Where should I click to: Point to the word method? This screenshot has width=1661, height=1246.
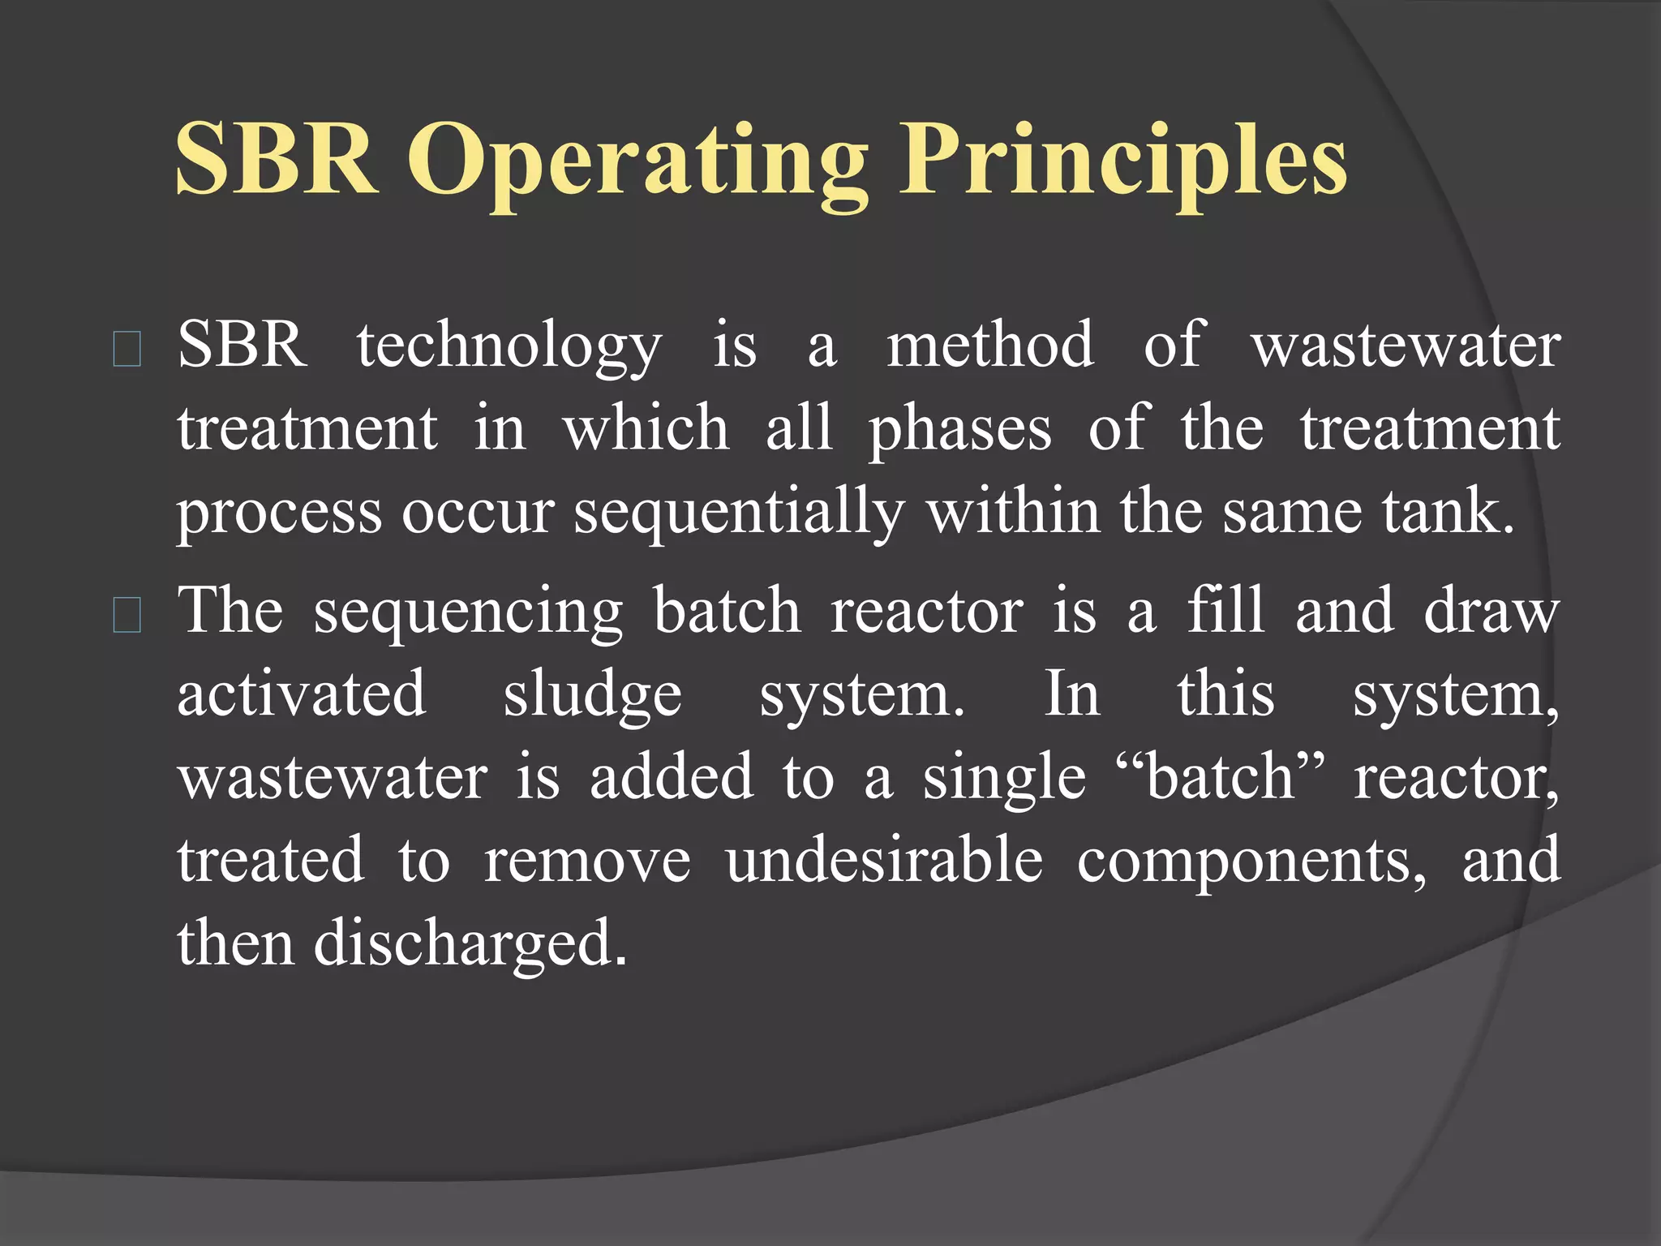(x=989, y=345)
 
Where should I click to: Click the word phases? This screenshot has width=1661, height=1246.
(x=960, y=431)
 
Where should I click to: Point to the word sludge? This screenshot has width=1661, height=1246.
(x=592, y=696)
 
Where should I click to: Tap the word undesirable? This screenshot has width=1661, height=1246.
(x=884, y=861)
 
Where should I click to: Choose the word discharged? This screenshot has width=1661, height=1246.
(x=470, y=946)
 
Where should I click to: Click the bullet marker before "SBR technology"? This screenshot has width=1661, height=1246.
(x=127, y=350)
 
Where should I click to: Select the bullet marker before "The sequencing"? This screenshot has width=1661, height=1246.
(x=127, y=616)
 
